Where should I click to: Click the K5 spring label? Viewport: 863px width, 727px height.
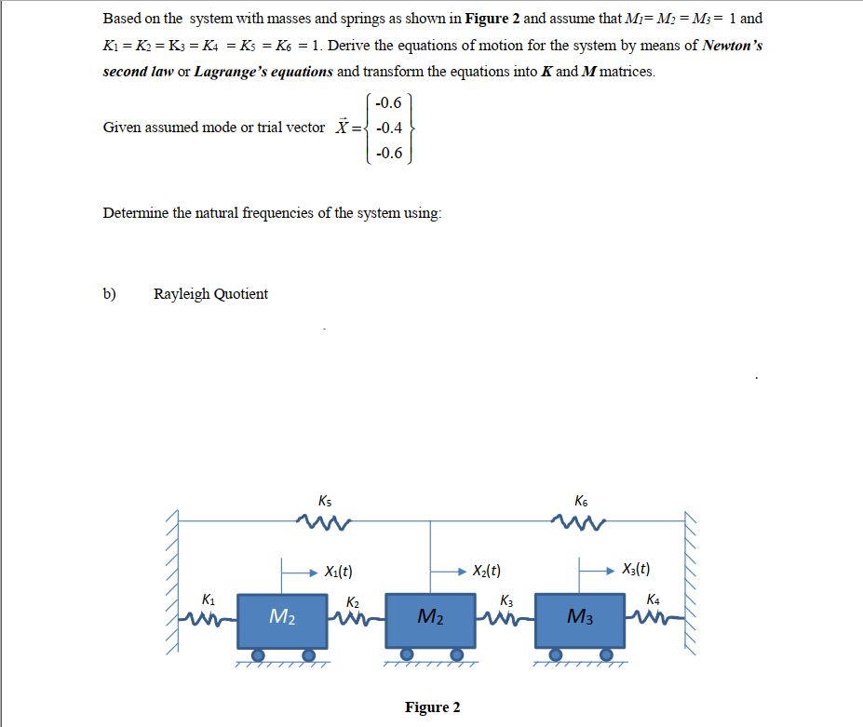pyautogui.click(x=324, y=500)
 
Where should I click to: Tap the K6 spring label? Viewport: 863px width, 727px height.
pyautogui.click(x=583, y=500)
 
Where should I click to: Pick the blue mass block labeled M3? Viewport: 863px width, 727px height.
pyautogui.click(x=579, y=620)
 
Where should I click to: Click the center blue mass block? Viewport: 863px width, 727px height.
pyautogui.click(x=430, y=620)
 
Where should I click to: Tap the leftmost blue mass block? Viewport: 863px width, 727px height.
pyautogui.click(x=282, y=620)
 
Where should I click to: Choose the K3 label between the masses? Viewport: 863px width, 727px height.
pyautogui.click(x=506, y=600)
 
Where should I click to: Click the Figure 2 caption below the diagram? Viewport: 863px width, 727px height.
pyautogui.click(x=432, y=707)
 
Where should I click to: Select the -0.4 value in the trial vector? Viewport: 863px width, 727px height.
pyautogui.click(x=388, y=128)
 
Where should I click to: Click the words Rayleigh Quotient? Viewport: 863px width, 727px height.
pyautogui.click(x=210, y=294)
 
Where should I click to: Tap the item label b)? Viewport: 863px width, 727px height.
pyautogui.click(x=110, y=294)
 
